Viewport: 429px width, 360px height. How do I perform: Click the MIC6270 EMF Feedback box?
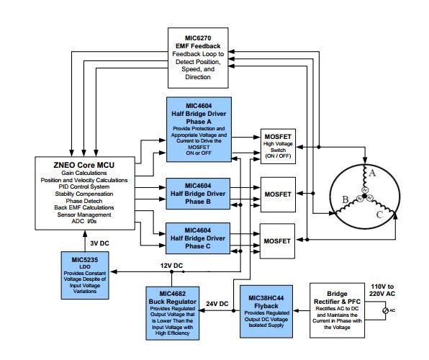198,58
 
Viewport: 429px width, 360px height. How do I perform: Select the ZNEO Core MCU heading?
84,165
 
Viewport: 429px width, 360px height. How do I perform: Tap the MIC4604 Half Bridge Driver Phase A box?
199,130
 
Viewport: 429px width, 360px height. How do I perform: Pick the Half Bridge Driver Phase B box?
198,194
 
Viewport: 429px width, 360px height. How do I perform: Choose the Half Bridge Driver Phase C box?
198,238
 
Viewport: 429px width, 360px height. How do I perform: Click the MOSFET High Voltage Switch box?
278,146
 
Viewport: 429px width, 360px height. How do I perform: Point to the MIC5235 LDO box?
85,276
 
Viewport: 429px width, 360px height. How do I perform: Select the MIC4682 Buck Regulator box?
172,313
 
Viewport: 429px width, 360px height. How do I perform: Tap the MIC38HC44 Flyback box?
266,312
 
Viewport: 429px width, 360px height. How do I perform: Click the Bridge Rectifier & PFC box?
337,310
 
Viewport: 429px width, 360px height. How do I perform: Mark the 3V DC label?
99,243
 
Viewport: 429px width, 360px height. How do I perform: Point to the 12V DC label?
171,266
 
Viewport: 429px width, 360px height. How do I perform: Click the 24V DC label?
217,304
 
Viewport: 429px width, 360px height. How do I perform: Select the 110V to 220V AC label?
382,290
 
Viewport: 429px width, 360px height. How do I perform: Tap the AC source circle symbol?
385,310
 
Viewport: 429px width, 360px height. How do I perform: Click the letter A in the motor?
372,173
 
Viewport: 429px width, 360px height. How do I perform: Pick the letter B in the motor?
346,199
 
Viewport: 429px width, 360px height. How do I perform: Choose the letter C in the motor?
379,215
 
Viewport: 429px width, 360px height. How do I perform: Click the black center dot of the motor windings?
364,196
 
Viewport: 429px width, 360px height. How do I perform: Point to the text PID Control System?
84,186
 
